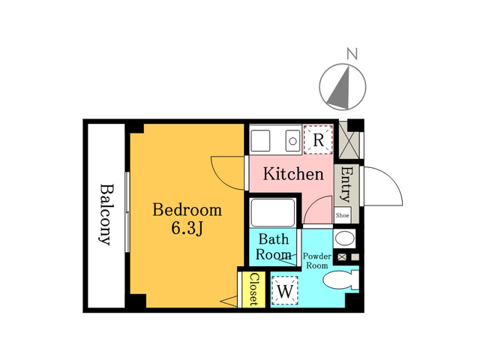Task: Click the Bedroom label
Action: click(187, 210)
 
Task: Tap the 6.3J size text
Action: click(187, 228)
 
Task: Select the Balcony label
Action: click(107, 214)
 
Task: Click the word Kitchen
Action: click(293, 174)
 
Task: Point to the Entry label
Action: click(346, 184)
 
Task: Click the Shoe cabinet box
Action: click(342, 215)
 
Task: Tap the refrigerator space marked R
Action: click(318, 139)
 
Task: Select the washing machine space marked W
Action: click(285, 290)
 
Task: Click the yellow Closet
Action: click(253, 289)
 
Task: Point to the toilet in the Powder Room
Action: click(341, 280)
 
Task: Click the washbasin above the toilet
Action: click(344, 238)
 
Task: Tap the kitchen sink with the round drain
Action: click(292, 141)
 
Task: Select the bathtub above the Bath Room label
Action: click(273, 212)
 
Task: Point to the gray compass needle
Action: click(340, 88)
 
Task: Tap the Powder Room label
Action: click(317, 261)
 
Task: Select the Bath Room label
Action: click(273, 247)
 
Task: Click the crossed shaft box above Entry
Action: click(349, 140)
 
